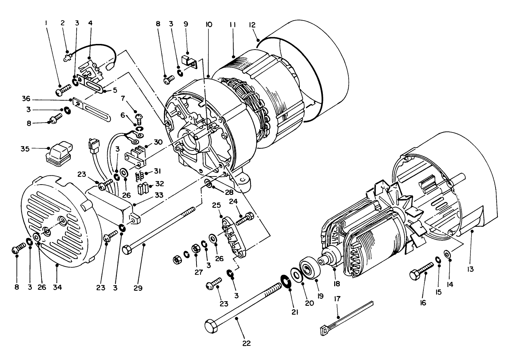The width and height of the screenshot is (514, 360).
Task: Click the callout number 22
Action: click(246, 343)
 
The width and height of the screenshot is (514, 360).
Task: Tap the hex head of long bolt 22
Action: click(211, 325)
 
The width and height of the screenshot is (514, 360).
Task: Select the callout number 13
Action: click(470, 269)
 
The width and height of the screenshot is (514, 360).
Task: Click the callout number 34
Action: click(57, 287)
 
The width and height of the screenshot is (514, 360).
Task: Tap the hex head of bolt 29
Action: click(127, 251)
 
